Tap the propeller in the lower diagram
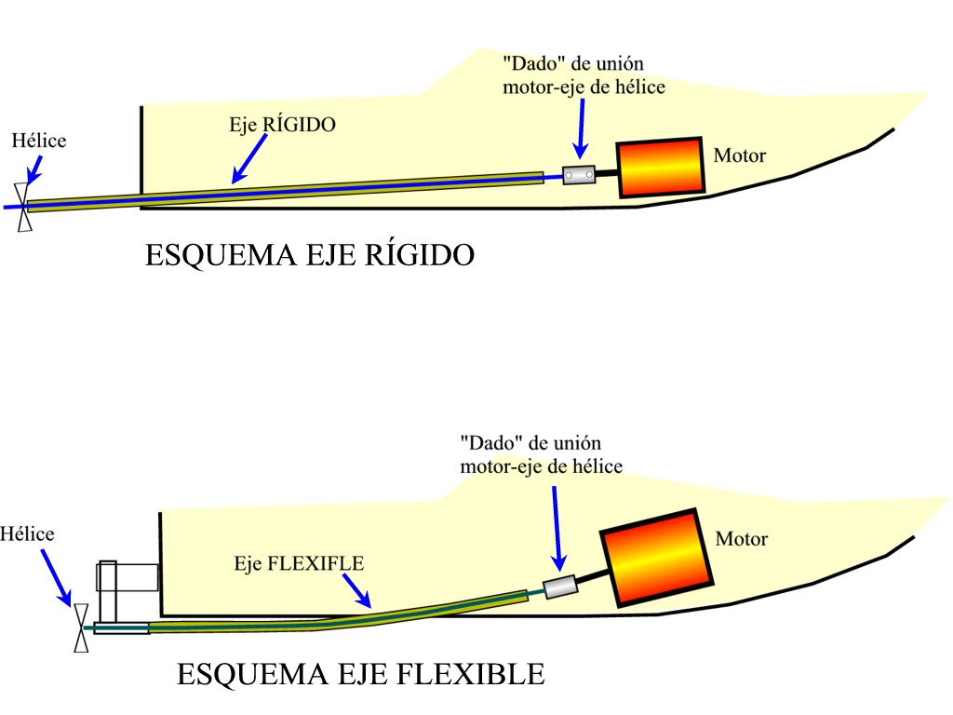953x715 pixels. tap(81, 627)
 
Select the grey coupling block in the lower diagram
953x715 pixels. tap(560, 587)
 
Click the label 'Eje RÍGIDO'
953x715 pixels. tap(282, 125)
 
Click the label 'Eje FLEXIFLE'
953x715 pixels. tap(299, 563)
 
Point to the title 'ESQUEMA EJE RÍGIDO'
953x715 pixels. tap(309, 255)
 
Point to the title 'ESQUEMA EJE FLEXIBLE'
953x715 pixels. tap(360, 673)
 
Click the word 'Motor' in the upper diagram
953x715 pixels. tap(740, 155)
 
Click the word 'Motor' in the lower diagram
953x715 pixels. tap(742, 539)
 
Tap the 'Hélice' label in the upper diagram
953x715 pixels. tap(39, 142)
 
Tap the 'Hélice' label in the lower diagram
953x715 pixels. tap(27, 534)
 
